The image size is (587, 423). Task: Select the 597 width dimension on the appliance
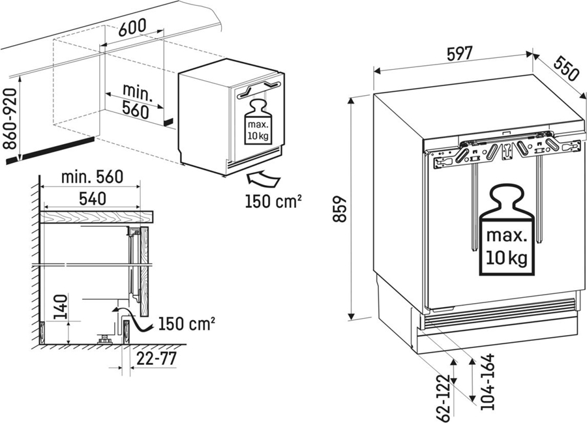[460, 55]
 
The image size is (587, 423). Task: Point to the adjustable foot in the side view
[102, 339]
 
